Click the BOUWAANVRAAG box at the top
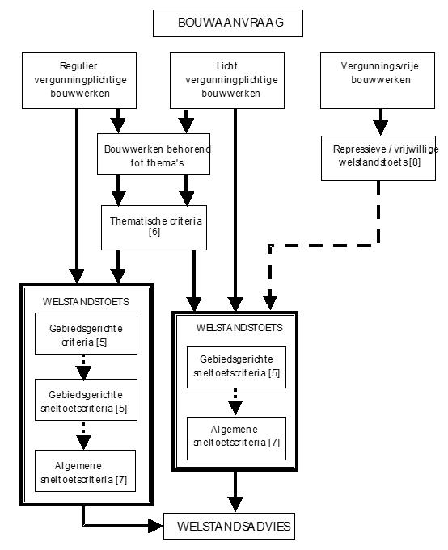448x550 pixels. [x=228, y=23]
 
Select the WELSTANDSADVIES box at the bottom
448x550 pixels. [x=229, y=526]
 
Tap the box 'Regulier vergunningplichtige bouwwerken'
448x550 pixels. [x=79, y=81]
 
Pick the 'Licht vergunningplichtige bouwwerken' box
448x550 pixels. [x=227, y=81]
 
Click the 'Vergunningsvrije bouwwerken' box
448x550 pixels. [x=378, y=81]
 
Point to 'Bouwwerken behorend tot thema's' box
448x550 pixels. [x=154, y=154]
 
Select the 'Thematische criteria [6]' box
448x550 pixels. [x=154, y=228]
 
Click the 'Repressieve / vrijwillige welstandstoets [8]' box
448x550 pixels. [x=378, y=158]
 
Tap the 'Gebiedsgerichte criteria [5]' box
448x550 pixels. [x=86, y=334]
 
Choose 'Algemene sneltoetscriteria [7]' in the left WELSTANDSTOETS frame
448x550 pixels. [x=86, y=471]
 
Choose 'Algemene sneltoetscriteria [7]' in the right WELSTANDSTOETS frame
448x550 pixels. [x=236, y=439]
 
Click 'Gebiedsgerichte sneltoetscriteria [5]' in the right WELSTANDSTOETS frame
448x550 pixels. [x=236, y=367]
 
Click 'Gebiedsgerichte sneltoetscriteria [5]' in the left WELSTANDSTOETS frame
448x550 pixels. [x=86, y=400]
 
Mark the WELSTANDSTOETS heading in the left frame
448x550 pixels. [x=86, y=302]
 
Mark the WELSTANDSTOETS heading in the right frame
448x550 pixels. [x=239, y=328]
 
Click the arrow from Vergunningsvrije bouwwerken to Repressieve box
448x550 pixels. [x=381, y=122]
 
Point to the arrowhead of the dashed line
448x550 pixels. [x=269, y=303]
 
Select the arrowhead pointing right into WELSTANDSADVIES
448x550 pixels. [x=155, y=526]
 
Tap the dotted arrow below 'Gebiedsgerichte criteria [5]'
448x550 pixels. [x=83, y=367]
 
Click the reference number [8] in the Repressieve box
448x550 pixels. [x=415, y=162]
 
